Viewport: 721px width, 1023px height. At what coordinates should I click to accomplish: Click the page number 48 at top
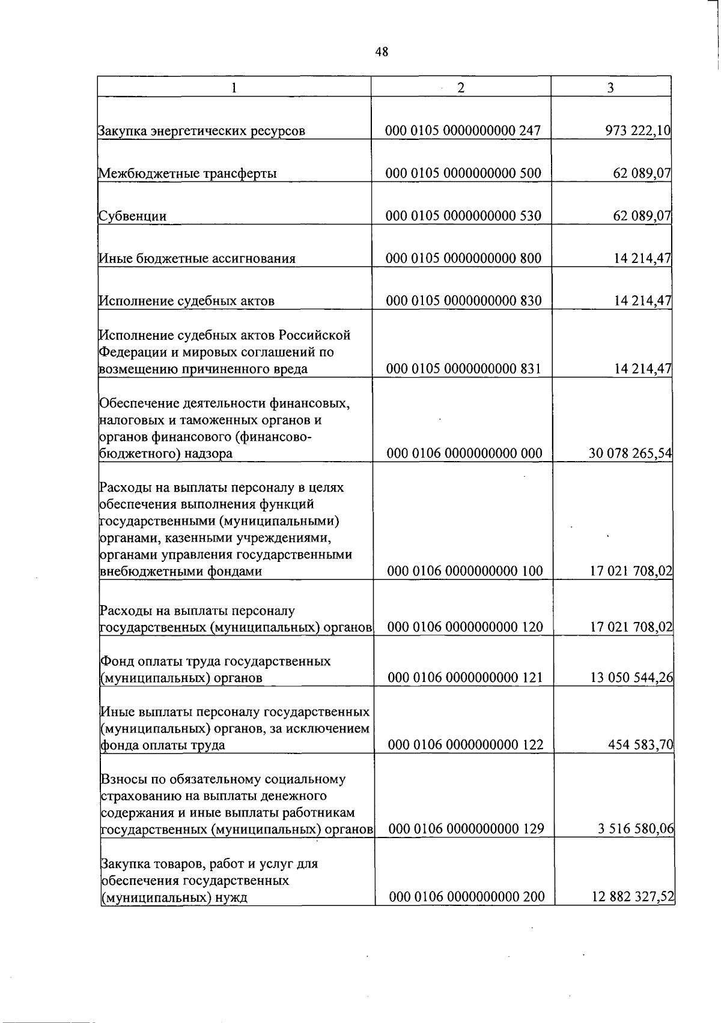pyautogui.click(x=382, y=52)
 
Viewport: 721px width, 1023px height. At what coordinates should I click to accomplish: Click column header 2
pyautogui.click(x=461, y=88)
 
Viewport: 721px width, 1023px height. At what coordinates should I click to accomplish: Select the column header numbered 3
pyautogui.click(x=610, y=88)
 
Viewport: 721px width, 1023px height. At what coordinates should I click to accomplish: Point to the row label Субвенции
pyautogui.click(x=133, y=216)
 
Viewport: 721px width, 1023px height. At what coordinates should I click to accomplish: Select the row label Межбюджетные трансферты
pyautogui.click(x=187, y=174)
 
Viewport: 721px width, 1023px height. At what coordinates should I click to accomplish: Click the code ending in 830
pyautogui.click(x=463, y=301)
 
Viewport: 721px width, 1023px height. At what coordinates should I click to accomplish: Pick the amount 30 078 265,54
pyautogui.click(x=630, y=453)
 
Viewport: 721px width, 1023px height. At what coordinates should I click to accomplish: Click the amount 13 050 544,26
pyautogui.click(x=631, y=678)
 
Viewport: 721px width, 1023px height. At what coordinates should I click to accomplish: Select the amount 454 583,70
pyautogui.click(x=640, y=745)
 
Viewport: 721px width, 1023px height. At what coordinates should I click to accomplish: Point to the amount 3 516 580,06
pyautogui.click(x=636, y=829)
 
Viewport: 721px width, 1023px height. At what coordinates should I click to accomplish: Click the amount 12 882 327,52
pyautogui.click(x=632, y=897)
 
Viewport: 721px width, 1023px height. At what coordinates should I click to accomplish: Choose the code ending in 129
pyautogui.click(x=466, y=829)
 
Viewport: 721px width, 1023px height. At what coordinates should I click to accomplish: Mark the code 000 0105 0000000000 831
pyautogui.click(x=463, y=369)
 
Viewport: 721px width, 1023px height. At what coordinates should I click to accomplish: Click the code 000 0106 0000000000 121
pyautogui.click(x=465, y=678)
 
